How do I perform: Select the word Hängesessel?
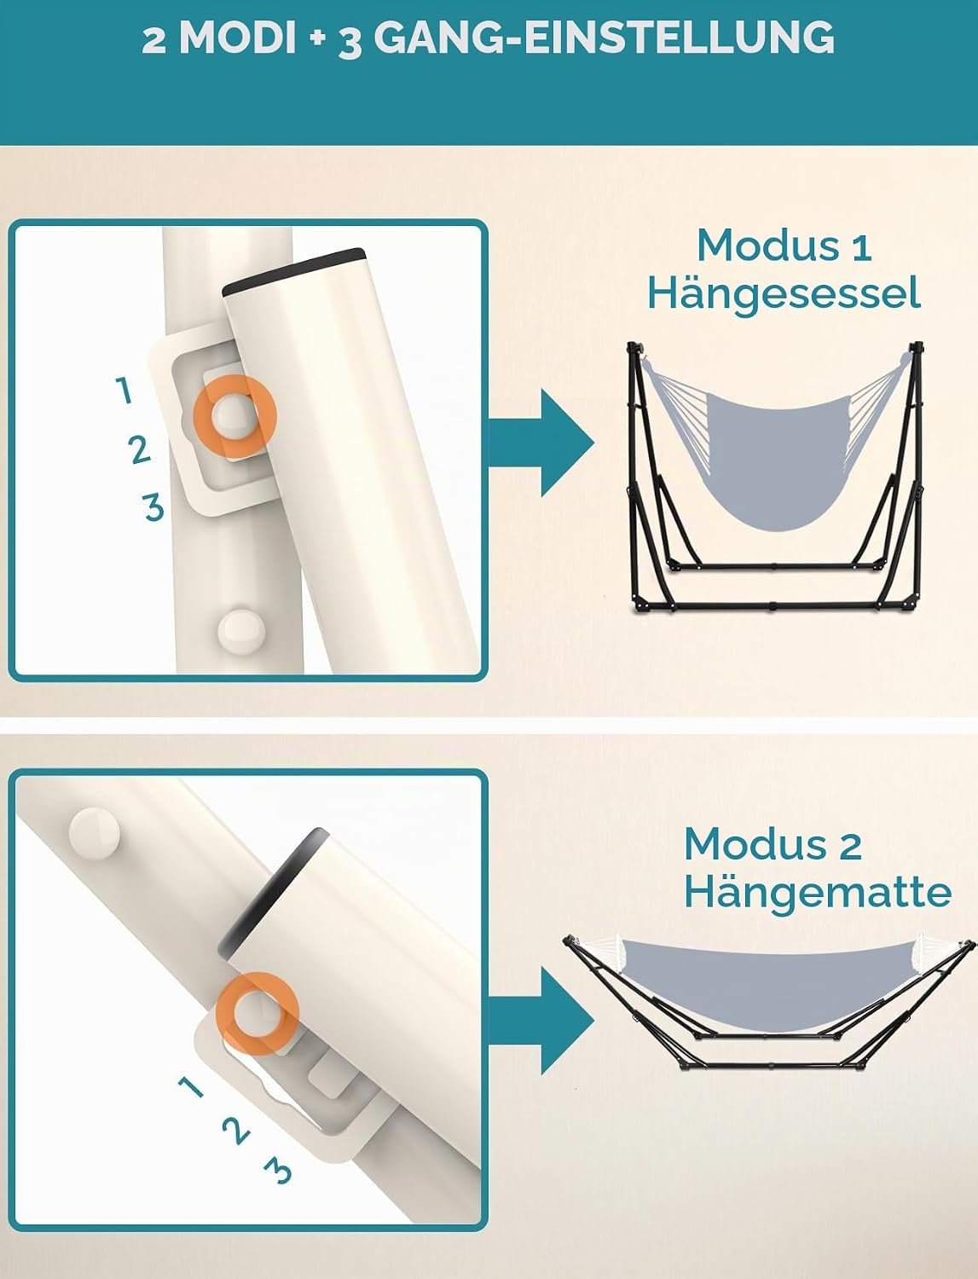pos(784,295)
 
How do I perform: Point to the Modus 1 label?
pos(784,246)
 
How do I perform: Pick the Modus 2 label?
pos(773,843)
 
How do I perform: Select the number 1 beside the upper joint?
pos(124,390)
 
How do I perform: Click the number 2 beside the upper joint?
pos(139,449)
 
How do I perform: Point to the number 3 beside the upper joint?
pos(153,506)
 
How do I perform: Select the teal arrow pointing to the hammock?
pos(541,1021)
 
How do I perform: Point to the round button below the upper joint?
pos(241,631)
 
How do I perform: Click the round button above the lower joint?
pos(95,831)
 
